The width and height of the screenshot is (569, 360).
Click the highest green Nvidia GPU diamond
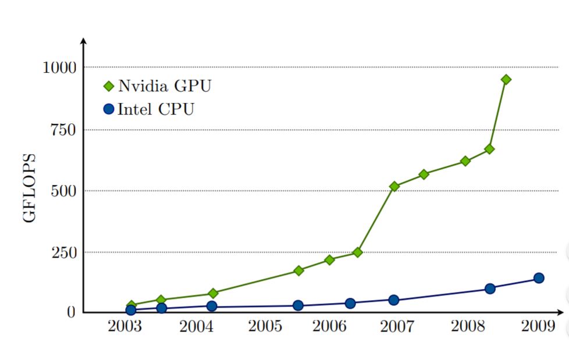(506, 79)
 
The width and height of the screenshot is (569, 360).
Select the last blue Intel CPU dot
(539, 278)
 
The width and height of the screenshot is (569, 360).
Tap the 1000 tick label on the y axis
(60, 68)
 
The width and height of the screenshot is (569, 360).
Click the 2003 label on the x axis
(125, 326)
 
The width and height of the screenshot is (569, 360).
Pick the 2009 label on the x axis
(538, 326)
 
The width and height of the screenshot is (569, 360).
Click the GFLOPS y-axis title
(30, 188)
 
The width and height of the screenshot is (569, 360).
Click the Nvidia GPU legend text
(165, 86)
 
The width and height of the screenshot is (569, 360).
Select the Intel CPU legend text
(156, 109)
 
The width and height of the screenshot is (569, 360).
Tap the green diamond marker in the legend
(108, 87)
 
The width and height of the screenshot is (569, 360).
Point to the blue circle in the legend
(108, 109)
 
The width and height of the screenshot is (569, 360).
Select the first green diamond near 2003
(131, 305)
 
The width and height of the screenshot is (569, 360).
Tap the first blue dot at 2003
(131, 311)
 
